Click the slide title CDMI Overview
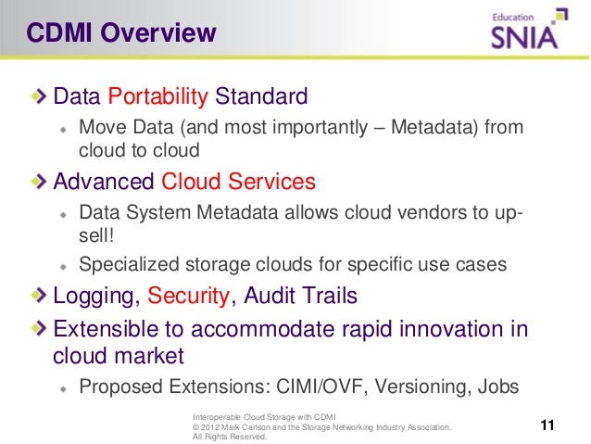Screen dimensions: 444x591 [x=121, y=34]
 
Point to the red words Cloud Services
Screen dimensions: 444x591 [x=238, y=181]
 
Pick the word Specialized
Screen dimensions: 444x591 [x=122, y=264]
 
